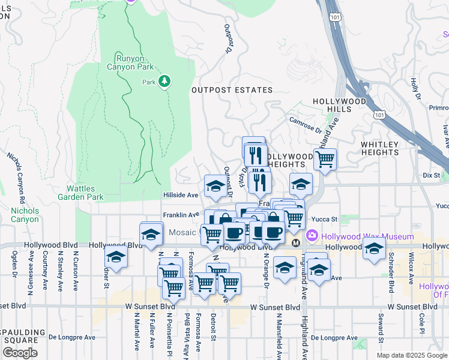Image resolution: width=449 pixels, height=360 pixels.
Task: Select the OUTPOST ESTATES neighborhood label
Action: [232, 90]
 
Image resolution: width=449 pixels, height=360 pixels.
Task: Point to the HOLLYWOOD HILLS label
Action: [339, 106]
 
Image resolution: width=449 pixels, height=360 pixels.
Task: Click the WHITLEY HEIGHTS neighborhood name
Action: [379, 148]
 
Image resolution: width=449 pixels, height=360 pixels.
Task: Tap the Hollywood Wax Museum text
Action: [355, 234]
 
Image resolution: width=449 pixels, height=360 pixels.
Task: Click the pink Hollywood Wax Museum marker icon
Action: [312, 234]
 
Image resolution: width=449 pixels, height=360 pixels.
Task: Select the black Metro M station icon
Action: [295, 243]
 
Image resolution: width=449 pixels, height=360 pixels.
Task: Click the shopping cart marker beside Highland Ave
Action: [325, 160]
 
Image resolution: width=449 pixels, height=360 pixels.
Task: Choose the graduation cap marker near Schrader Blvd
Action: [374, 248]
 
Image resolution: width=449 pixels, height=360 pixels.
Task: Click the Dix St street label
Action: [431, 175]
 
